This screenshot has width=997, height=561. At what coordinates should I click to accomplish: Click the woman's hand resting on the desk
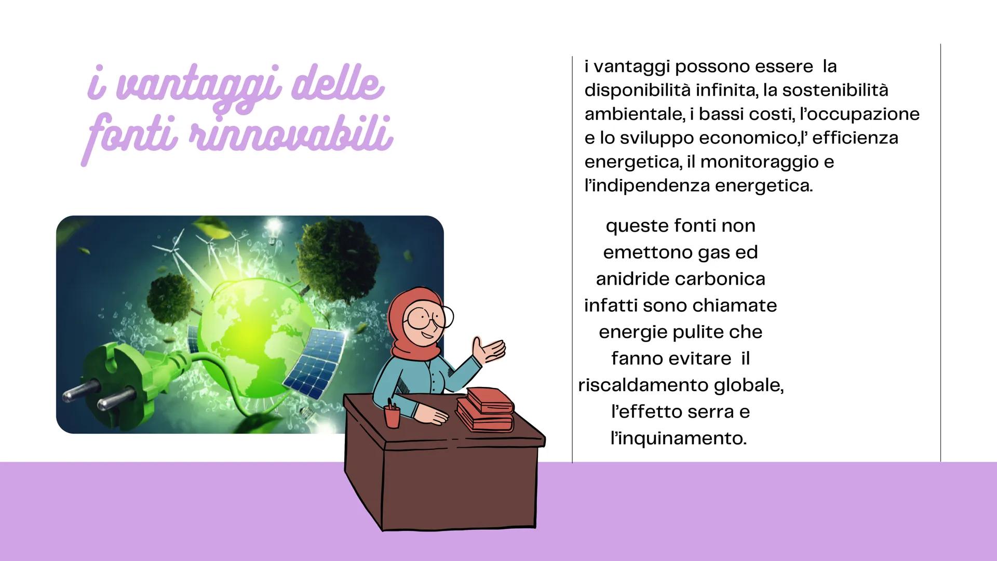(x=434, y=414)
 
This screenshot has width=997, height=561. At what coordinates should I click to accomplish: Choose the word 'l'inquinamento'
(x=679, y=439)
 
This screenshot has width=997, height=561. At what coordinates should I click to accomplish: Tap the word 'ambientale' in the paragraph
(x=634, y=114)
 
